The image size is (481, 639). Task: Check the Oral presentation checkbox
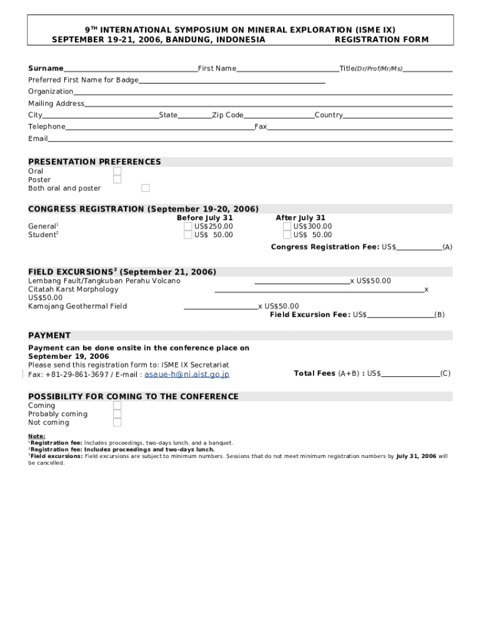117,171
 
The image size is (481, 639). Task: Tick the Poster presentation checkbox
117,180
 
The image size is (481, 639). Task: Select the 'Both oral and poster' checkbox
146,188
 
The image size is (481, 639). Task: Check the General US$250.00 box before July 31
188,227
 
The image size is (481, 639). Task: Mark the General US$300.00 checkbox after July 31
287,227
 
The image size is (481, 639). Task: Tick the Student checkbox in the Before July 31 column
188,235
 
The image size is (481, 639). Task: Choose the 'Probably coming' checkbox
117,414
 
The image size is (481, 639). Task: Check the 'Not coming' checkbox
117,422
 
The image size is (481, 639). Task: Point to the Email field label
37,139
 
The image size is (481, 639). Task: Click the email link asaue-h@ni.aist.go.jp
187,374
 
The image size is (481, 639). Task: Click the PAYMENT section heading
49,336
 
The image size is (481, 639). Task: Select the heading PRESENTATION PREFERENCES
94,162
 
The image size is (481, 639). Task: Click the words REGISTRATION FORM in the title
382,40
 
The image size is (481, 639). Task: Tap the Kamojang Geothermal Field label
77,306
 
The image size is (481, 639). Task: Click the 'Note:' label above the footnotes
36,436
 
